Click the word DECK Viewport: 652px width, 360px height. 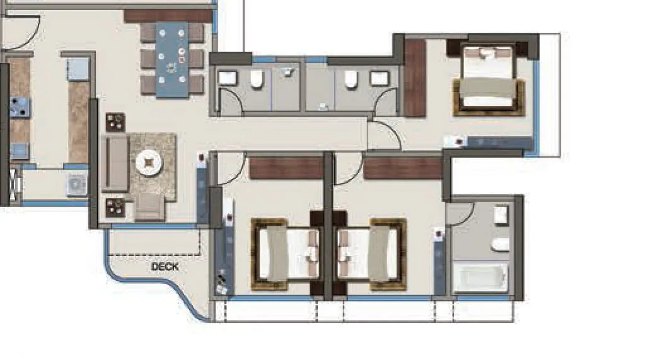[165, 267]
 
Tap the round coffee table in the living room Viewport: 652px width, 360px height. [149, 163]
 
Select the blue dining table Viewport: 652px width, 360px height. [172, 60]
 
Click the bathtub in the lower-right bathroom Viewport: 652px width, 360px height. [480, 277]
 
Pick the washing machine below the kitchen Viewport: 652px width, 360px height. [76, 183]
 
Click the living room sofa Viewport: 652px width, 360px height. [115, 163]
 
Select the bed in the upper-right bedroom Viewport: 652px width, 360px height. [487, 79]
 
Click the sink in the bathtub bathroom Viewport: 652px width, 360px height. [501, 215]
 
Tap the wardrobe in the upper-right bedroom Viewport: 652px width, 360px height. [414, 78]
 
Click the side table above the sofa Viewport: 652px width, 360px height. [115, 121]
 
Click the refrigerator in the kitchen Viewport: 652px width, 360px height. [78, 67]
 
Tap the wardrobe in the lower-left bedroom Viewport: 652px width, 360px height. [286, 168]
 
